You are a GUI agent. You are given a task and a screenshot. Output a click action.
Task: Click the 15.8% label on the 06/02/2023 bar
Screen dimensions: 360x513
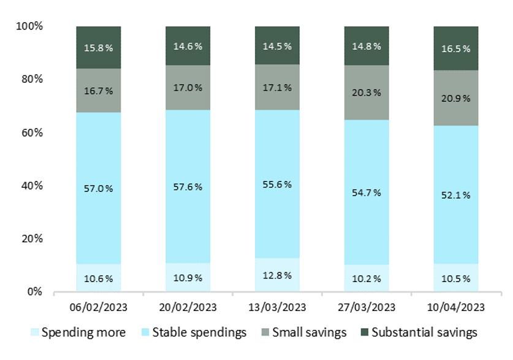pyautogui.click(x=98, y=47)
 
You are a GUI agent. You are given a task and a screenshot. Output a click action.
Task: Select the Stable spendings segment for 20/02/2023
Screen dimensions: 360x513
pyautogui.click(x=188, y=187)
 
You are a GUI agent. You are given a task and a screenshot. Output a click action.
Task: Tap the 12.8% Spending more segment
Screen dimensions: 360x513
pyautogui.click(x=277, y=275)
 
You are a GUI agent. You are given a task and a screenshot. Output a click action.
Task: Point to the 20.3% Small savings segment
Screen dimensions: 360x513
pyautogui.click(x=367, y=93)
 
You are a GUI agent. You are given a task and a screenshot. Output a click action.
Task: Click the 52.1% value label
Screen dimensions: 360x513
pyautogui.click(x=455, y=195)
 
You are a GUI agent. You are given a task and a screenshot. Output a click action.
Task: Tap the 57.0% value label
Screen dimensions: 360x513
pyautogui.click(x=98, y=188)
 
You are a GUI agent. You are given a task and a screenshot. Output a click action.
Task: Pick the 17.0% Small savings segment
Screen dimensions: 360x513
pyautogui.click(x=188, y=88)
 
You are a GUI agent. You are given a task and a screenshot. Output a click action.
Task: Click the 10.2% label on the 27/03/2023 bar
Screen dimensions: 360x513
pyautogui.click(x=367, y=278)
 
